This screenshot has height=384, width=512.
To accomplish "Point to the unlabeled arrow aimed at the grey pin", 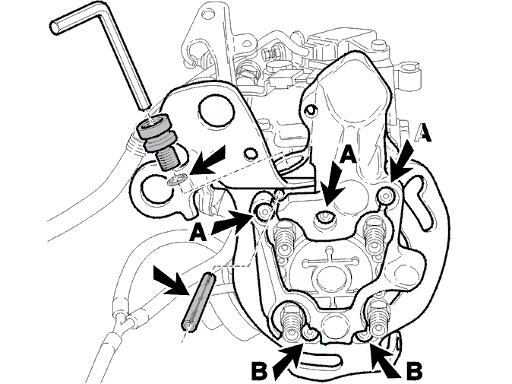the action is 172,281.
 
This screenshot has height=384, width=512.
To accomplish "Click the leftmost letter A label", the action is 198,233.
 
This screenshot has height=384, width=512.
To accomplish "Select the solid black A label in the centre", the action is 348,154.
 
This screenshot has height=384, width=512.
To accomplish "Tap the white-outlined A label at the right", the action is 423,132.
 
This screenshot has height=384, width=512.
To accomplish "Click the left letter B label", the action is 260,371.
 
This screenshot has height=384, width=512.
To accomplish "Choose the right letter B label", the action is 414,371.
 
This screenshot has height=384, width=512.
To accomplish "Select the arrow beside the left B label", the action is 287,360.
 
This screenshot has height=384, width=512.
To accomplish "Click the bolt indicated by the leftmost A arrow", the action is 264,212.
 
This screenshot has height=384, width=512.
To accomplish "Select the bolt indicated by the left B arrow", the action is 308,333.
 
